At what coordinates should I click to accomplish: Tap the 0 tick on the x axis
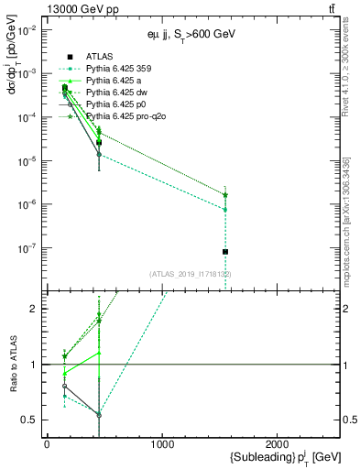pyautogui.click(x=47, y=444)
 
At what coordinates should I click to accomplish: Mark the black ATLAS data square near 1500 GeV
pyautogui.click(x=225, y=252)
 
